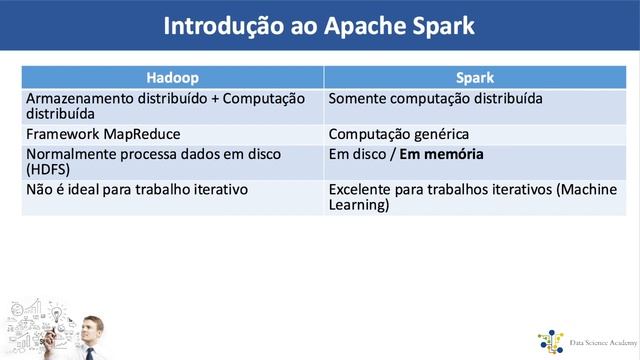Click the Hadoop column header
point(172,76)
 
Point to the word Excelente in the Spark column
point(360,189)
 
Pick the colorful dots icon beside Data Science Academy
point(550,342)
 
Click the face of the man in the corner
point(91,327)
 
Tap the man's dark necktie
point(90,352)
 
